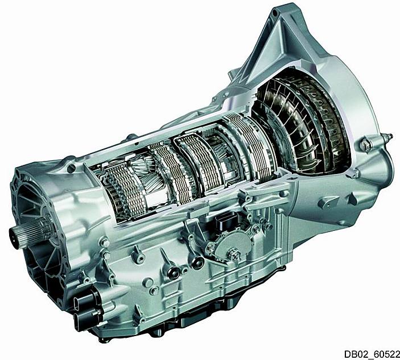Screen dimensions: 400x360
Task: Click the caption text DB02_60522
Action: click(x=372, y=354)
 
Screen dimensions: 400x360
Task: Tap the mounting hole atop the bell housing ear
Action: click(x=275, y=13)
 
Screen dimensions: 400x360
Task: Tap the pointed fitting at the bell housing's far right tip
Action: click(x=389, y=136)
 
